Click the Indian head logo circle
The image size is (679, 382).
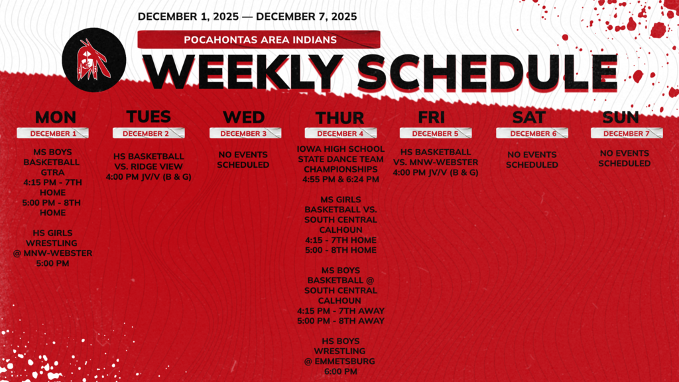(93, 59)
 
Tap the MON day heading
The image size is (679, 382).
(55, 117)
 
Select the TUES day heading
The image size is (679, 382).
(149, 117)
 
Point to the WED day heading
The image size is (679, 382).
(243, 117)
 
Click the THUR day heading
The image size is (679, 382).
(339, 118)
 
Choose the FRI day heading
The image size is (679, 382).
(435, 117)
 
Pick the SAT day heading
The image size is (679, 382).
(529, 117)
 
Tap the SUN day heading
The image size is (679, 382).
(621, 117)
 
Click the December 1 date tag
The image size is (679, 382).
(54, 133)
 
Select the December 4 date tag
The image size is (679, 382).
(339, 133)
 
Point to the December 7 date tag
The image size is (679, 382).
(626, 133)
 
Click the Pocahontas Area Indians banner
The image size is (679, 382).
(259, 40)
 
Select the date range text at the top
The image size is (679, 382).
(247, 16)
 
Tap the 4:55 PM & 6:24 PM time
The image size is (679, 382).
(340, 179)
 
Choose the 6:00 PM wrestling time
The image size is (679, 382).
(340, 372)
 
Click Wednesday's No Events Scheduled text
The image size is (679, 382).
(243, 159)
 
